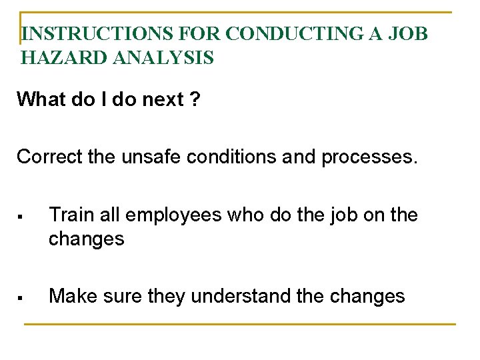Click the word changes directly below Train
[x=86, y=239]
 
